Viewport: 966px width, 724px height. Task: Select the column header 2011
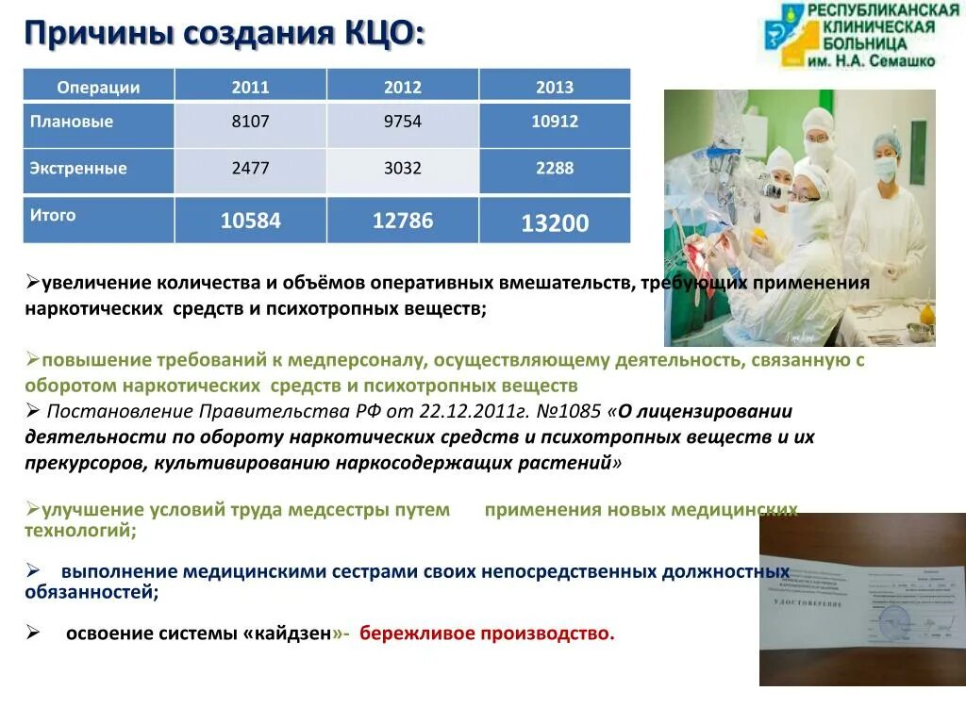(x=250, y=87)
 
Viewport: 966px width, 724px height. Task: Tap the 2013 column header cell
(x=554, y=87)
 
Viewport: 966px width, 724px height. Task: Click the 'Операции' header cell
(x=98, y=87)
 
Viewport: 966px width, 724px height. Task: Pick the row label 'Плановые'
(x=72, y=122)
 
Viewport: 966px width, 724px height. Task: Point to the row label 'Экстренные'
(x=77, y=169)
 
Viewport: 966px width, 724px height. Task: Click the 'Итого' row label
(x=53, y=215)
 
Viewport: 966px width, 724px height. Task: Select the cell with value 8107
(x=250, y=122)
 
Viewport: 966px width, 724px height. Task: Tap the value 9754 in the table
(x=403, y=122)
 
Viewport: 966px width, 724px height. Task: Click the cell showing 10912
(x=554, y=122)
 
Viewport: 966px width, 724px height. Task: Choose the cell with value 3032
(x=403, y=169)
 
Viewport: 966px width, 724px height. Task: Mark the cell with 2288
(x=554, y=169)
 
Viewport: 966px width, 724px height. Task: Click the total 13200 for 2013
(x=554, y=223)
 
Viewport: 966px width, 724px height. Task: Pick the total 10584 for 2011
(x=250, y=221)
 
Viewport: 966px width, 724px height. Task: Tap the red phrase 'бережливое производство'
(x=486, y=633)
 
